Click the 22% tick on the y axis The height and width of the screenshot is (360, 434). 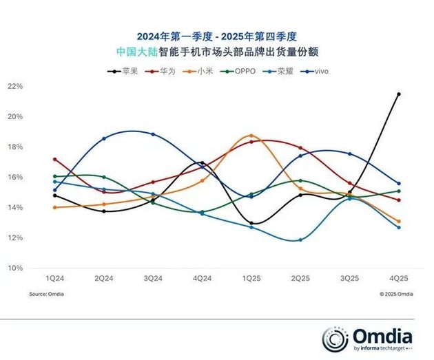point(15,86)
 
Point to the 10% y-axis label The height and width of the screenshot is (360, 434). point(15,268)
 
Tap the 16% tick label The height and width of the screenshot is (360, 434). point(15,177)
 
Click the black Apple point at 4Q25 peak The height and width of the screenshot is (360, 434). point(398,94)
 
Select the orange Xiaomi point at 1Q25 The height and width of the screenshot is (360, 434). point(251,136)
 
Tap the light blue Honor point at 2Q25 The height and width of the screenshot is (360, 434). point(300,240)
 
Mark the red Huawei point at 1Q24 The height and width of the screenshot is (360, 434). point(54,160)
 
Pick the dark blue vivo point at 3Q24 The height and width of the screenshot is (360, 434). point(153,134)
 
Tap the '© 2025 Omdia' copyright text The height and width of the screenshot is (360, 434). point(396,294)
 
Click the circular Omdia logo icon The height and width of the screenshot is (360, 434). point(335,337)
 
